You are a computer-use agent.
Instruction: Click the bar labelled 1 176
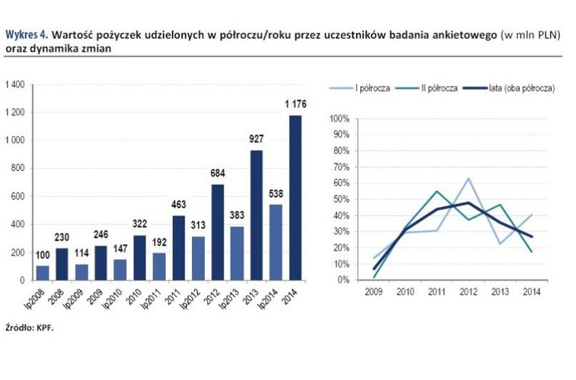(x=294, y=198)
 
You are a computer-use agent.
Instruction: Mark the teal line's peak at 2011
(x=436, y=192)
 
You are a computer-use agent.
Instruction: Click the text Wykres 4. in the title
(x=27, y=34)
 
